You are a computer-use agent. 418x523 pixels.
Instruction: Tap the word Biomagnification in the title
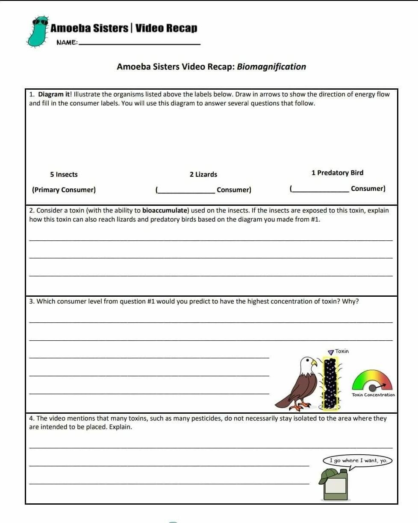pyautogui.click(x=271, y=67)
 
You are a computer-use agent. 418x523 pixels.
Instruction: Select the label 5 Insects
pyautogui.click(x=64, y=174)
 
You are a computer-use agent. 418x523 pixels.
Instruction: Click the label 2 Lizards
pyautogui.click(x=203, y=174)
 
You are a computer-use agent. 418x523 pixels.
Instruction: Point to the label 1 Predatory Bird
pyautogui.click(x=337, y=172)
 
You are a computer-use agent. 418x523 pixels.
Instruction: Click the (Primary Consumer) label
pyautogui.click(x=64, y=190)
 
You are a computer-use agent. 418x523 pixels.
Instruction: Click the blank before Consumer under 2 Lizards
pyautogui.click(x=186, y=191)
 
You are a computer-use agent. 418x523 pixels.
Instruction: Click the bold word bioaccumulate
pyautogui.click(x=165, y=210)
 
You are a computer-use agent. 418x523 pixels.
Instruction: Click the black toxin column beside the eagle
pyautogui.click(x=330, y=383)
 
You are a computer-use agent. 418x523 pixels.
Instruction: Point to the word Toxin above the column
pyautogui.click(x=342, y=351)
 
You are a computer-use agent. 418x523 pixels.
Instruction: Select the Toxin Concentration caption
pyautogui.click(x=373, y=395)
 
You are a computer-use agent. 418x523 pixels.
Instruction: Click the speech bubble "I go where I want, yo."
pyautogui.click(x=358, y=461)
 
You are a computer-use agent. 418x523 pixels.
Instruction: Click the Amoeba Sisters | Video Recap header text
pyautogui.click(x=124, y=29)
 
